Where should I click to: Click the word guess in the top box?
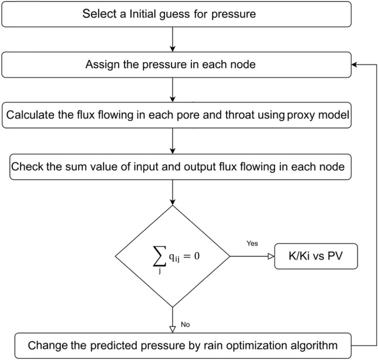pos(181,14)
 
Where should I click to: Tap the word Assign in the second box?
pos(104,65)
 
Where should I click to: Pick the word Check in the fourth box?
pos(26,166)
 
